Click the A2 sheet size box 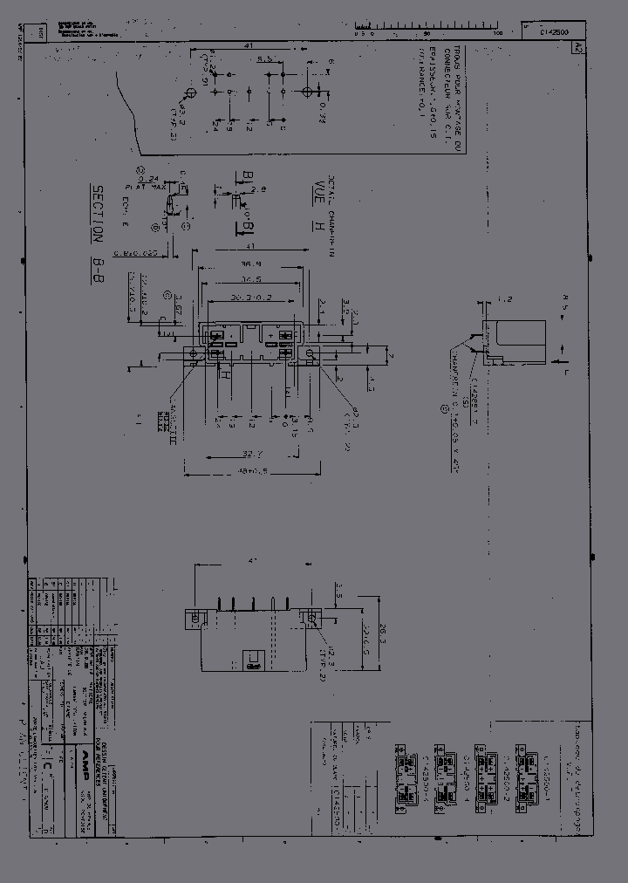577,50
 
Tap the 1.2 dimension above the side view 502,299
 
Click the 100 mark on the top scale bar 498,32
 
